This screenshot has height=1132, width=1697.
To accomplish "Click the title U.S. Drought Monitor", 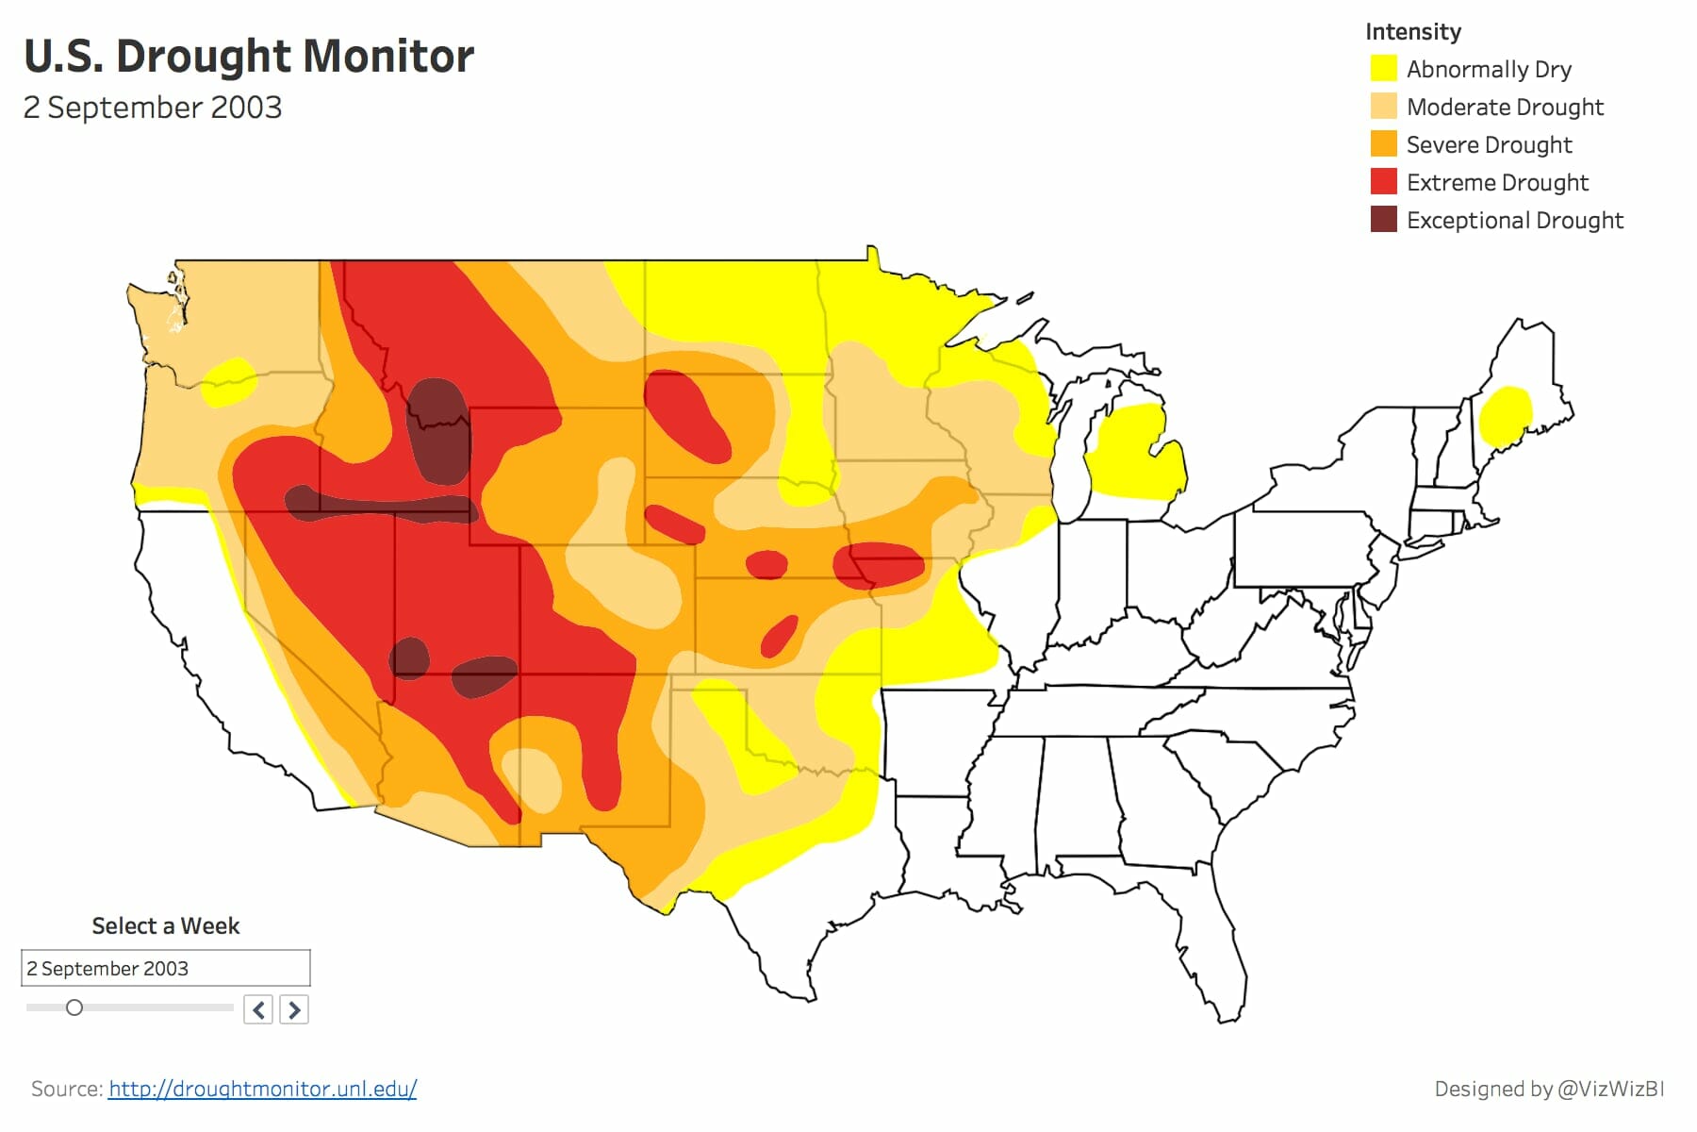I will tap(248, 57).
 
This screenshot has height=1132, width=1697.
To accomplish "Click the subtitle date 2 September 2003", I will tap(153, 108).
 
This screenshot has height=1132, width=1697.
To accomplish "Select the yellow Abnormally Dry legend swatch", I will tap(1383, 69).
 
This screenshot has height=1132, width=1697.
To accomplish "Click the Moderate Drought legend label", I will tap(1505, 107).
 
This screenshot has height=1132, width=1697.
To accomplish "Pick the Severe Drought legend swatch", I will tap(1383, 144).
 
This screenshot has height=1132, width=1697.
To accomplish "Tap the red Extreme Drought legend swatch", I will tap(1383, 182).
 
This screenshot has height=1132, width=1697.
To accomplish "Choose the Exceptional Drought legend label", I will tap(1514, 220).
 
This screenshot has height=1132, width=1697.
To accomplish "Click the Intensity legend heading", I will tap(1412, 32).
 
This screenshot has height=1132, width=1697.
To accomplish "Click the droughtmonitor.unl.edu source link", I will tap(262, 1089).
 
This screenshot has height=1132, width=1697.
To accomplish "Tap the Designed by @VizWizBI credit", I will tap(1548, 1089).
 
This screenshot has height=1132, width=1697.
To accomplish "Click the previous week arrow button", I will tap(258, 1009).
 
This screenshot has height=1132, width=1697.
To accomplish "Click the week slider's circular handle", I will tap(74, 1007).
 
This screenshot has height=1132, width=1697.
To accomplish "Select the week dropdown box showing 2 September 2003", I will tap(165, 968).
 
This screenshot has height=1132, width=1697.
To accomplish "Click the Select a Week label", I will tap(165, 925).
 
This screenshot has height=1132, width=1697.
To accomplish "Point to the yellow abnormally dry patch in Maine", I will tap(1505, 415).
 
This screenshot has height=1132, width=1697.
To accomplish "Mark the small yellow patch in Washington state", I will tap(228, 381).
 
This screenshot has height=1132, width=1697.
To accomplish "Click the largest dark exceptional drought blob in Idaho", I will tap(439, 429).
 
